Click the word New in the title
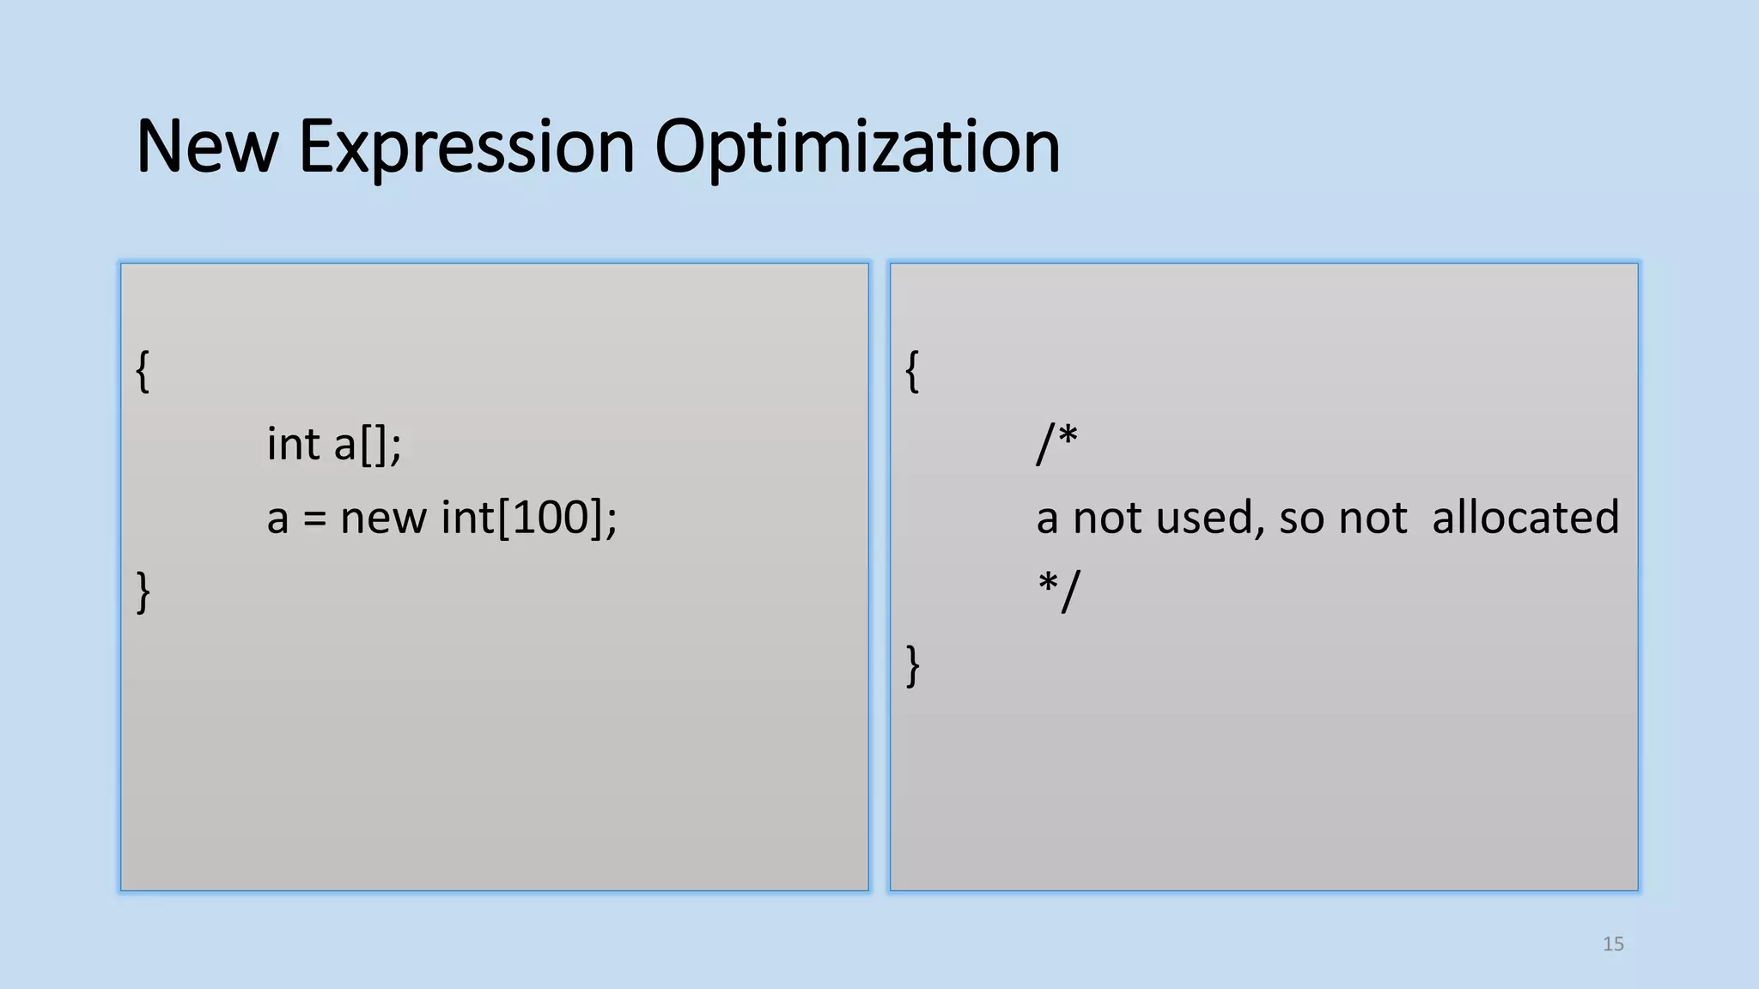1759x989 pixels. click(207, 147)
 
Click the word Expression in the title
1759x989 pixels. click(466, 147)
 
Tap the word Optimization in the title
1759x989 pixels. click(856, 147)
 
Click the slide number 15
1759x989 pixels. click(1613, 944)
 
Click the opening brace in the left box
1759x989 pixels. click(143, 371)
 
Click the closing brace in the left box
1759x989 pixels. click(143, 592)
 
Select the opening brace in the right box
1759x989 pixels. click(912, 371)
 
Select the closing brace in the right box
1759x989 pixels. click(912, 666)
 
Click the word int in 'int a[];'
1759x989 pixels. click(293, 445)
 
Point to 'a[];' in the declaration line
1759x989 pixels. click(368, 445)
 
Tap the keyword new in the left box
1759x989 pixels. click(383, 519)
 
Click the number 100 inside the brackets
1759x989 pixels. click(550, 519)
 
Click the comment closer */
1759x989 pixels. click(1058, 591)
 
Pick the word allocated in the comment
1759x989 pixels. click(1525, 519)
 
